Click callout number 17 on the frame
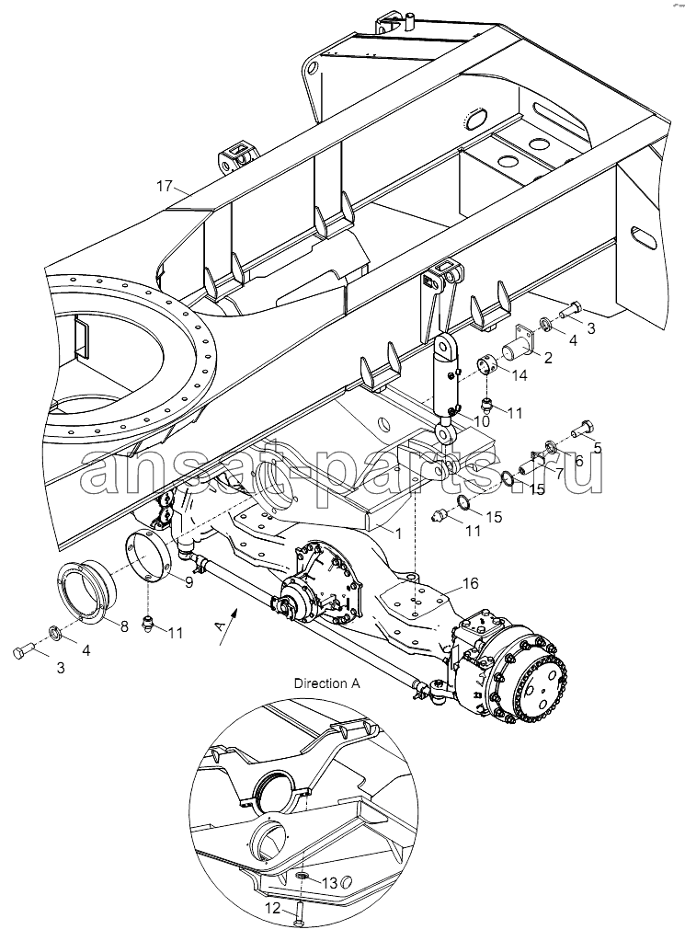(x=164, y=186)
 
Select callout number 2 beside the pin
(x=547, y=358)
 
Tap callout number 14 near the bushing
(x=519, y=375)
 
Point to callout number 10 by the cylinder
(x=481, y=420)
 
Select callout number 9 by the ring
(x=188, y=581)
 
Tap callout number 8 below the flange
(x=124, y=625)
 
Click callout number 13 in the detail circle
(x=330, y=883)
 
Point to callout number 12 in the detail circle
(x=272, y=909)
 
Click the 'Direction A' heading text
(x=327, y=683)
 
